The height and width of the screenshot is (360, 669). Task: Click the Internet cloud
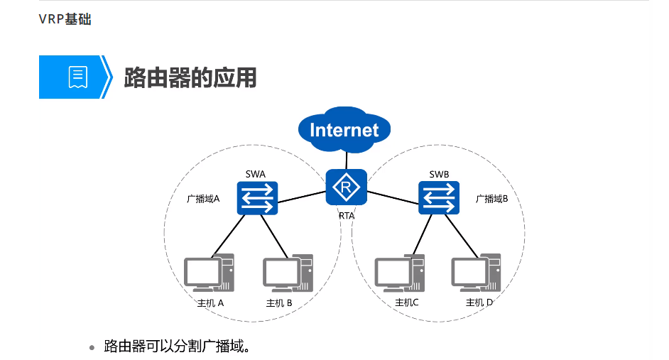pos(345,129)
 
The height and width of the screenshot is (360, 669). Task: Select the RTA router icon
pos(346,187)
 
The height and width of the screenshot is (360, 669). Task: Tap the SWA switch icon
pos(256,197)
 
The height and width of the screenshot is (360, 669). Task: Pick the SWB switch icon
pos(438,197)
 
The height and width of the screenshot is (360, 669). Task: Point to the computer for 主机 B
pos(288,273)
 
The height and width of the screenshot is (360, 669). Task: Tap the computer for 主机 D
pos(477,273)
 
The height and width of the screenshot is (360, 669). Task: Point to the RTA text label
pos(347,215)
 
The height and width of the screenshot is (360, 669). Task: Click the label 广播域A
pos(203,199)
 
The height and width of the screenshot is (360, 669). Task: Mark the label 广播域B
pos(492,199)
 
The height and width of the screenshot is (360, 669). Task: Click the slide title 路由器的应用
pos(190,77)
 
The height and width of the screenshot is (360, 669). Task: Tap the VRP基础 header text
pos(65,19)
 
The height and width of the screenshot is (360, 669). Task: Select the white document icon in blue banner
pos(77,77)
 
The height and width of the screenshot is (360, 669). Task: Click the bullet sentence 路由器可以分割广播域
pos(177,347)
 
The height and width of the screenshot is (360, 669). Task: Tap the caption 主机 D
pos(479,302)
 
